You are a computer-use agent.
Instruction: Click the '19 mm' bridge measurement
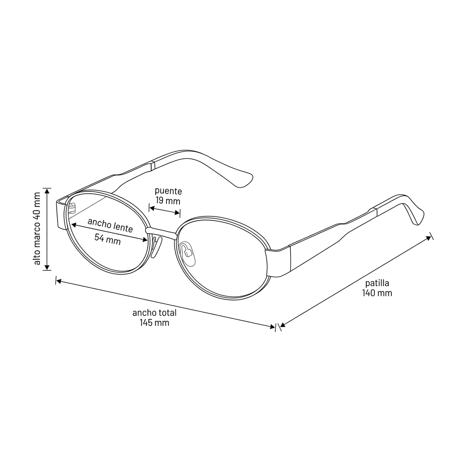[x=168, y=201]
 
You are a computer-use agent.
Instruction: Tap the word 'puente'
[x=168, y=191]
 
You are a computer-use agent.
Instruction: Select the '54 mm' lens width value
[x=108, y=239]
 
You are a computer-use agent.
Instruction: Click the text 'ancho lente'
[x=110, y=225]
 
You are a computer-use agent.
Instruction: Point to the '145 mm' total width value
[x=154, y=323]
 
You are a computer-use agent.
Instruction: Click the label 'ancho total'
[x=154, y=313]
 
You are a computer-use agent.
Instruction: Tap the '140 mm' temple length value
[x=377, y=293]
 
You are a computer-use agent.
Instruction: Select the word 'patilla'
[x=377, y=283]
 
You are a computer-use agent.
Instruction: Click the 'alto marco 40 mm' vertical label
[x=37, y=229]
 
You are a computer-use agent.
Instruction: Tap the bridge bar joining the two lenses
[x=162, y=233]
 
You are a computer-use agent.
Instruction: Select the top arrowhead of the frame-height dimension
[x=47, y=191]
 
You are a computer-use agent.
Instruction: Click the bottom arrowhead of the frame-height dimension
[x=47, y=267]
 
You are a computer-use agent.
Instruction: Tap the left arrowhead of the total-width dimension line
[x=58, y=282]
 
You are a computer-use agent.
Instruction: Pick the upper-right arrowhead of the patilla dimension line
[x=429, y=238]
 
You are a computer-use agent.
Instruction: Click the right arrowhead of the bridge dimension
[x=177, y=213]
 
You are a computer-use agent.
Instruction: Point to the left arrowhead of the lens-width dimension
[x=74, y=225]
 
